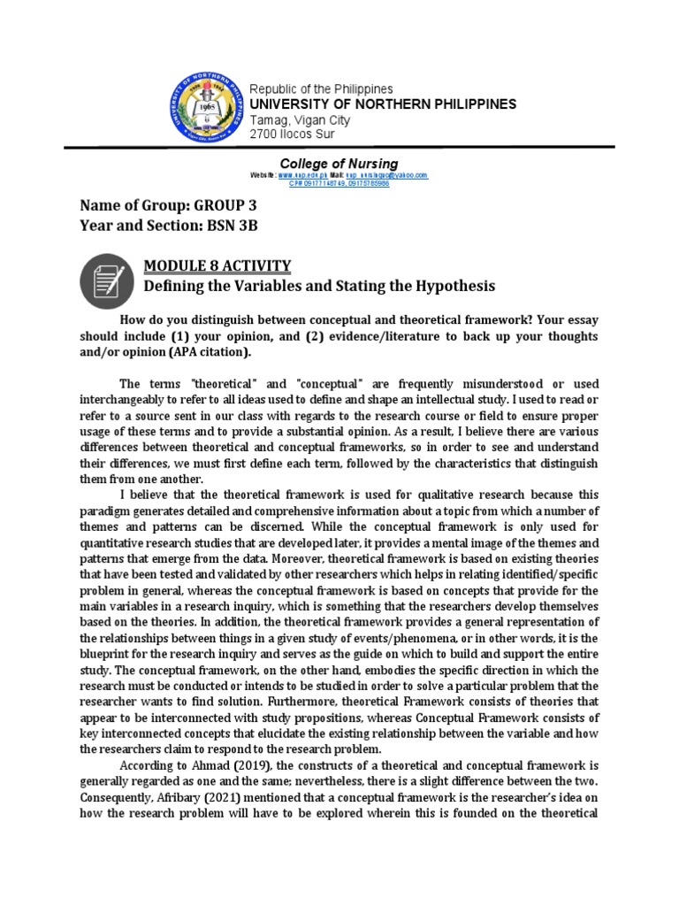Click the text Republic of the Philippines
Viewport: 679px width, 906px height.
322,89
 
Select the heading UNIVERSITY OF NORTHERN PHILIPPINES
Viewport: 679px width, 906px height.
384,104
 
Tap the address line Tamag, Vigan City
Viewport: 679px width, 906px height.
301,120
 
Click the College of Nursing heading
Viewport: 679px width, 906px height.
339,164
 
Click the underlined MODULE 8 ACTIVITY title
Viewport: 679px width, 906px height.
217,266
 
